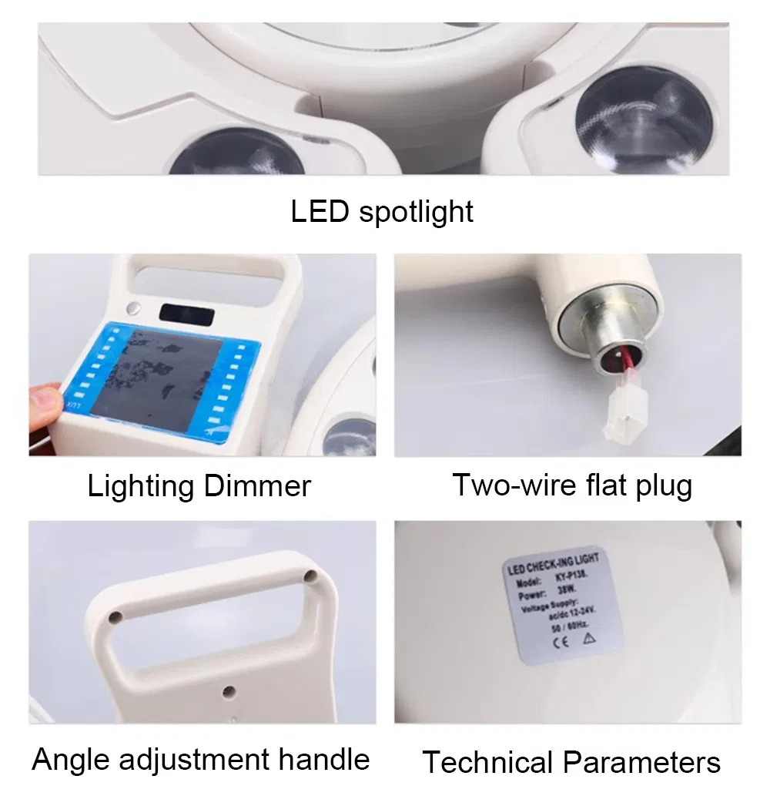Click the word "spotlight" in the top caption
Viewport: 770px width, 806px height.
tap(417, 212)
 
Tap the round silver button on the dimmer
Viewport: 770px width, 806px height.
tap(136, 310)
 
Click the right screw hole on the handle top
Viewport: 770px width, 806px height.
tap(310, 576)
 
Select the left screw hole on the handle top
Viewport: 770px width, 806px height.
tap(115, 618)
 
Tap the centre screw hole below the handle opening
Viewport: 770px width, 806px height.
tap(229, 692)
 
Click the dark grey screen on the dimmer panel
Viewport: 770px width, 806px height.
tap(168, 376)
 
